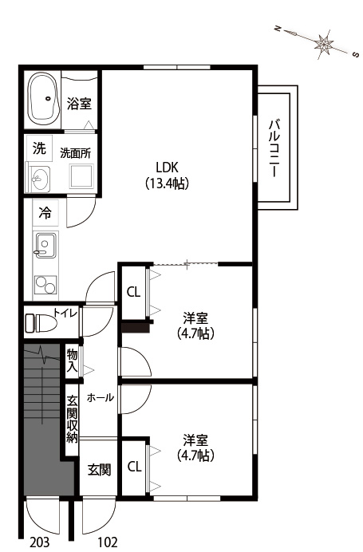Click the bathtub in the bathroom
pos(42,97)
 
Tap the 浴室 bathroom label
pos(80,104)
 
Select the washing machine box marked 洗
pos(39,148)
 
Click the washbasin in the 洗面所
pos(40,179)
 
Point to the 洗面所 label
pos(76,153)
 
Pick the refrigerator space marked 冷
pos(45,213)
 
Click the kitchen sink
pos(45,245)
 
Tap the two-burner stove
pos(45,285)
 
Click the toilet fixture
pos(41,322)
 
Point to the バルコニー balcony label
pos(274,148)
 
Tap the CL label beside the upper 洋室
pos(134,292)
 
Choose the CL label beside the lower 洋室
pos(134,466)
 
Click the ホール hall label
pos(101,398)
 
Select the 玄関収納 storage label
pos(73,420)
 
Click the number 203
pos(39,542)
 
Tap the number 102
pos(106,542)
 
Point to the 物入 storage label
pos(73,361)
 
